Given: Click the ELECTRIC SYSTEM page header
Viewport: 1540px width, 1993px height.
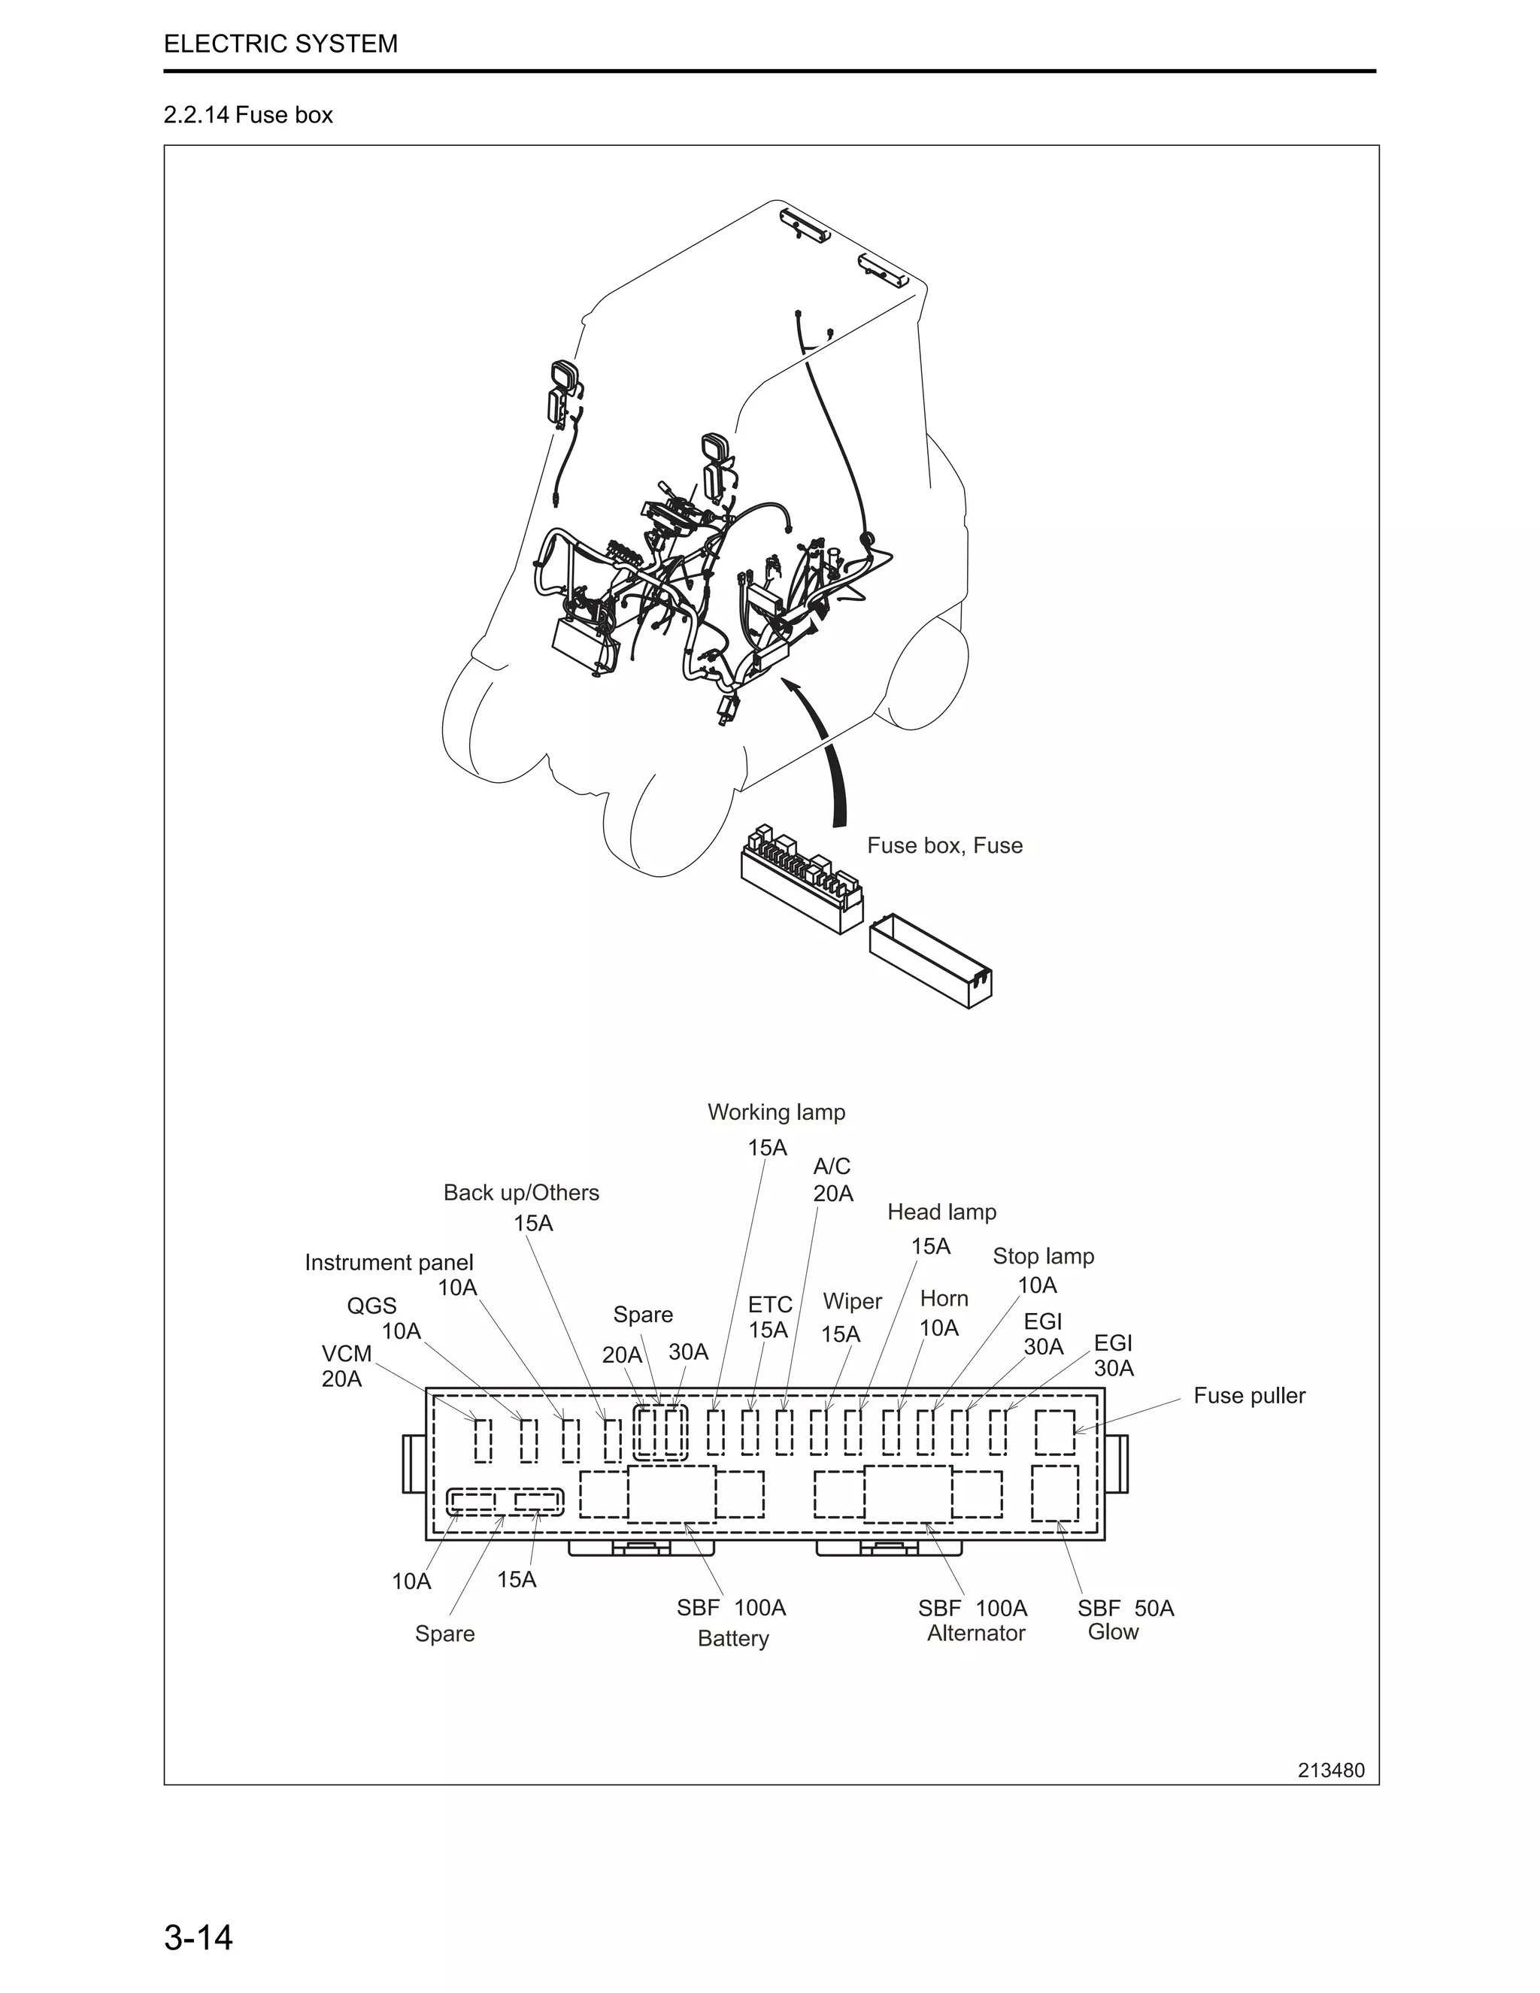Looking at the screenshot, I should click(x=280, y=44).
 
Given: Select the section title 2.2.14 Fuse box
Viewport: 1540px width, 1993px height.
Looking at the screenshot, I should click(x=248, y=115).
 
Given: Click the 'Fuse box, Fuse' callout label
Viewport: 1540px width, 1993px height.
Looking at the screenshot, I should click(x=944, y=845).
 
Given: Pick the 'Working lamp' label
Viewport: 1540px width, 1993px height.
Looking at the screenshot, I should click(x=776, y=1112).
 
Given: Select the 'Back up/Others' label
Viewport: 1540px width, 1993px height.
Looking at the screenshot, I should click(x=521, y=1192).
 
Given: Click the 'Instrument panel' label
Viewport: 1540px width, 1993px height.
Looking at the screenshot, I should click(x=389, y=1262).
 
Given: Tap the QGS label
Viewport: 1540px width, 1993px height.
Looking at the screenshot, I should click(x=371, y=1305).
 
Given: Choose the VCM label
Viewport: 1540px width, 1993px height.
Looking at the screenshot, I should click(x=347, y=1352).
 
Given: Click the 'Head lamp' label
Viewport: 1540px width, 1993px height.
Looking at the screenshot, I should click(x=941, y=1211).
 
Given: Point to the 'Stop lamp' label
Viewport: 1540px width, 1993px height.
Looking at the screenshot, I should click(x=1043, y=1256).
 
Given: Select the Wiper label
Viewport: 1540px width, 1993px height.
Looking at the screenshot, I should click(x=852, y=1300).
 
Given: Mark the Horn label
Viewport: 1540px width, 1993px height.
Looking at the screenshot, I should click(x=944, y=1297).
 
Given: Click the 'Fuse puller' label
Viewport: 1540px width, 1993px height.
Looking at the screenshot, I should click(x=1249, y=1395).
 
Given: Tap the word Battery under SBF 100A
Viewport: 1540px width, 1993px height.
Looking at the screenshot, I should click(x=732, y=1638).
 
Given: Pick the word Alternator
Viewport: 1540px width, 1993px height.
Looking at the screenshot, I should click(x=976, y=1633).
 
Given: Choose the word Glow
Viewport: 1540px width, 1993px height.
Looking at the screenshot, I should click(x=1113, y=1632).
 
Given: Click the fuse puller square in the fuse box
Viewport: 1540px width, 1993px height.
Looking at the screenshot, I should click(x=1055, y=1432).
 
